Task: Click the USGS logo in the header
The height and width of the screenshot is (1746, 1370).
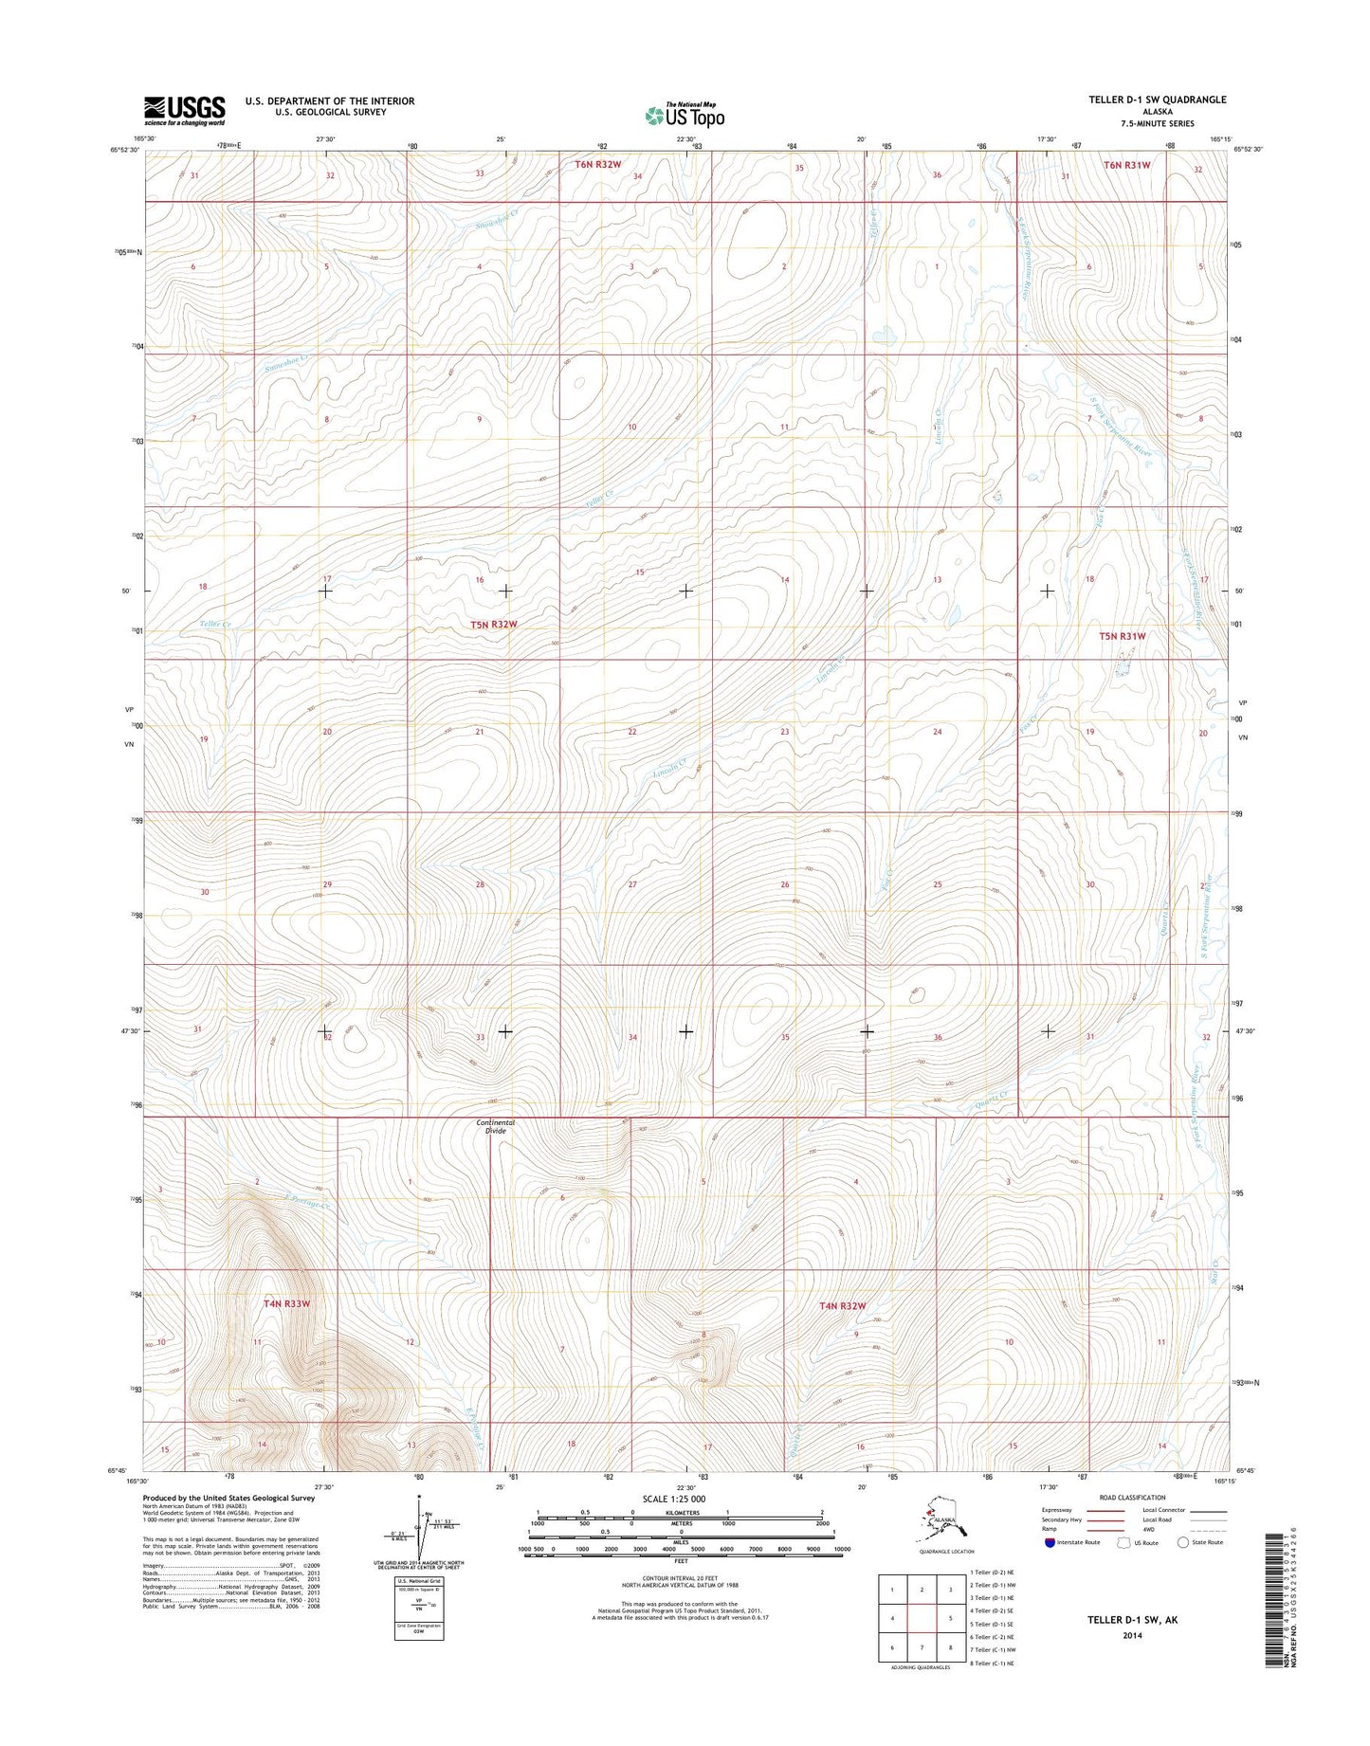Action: [x=184, y=110]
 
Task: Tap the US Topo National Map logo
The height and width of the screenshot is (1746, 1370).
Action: [x=685, y=115]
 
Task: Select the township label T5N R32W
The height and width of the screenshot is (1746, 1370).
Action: [x=494, y=625]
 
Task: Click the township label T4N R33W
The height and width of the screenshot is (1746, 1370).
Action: [x=286, y=1303]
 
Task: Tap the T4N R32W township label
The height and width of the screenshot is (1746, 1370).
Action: [x=842, y=1305]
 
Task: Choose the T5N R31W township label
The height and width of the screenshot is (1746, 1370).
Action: [x=1122, y=636]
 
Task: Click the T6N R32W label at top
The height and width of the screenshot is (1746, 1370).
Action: [x=597, y=164]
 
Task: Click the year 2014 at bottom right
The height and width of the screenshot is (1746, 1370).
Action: [x=1132, y=1635]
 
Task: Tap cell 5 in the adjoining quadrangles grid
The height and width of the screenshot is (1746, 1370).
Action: [x=950, y=1619]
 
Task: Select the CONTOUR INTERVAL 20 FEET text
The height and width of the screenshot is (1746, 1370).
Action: [x=680, y=1578]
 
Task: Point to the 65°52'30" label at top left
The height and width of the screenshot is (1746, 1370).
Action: [x=125, y=149]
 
